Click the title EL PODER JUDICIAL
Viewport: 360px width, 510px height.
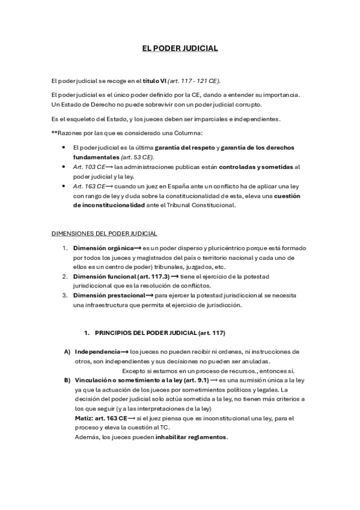pos(180,48)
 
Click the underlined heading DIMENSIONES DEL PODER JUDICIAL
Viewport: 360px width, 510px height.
pos(106,233)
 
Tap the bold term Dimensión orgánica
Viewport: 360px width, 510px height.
pos(102,248)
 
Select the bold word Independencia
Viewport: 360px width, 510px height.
pos(97,351)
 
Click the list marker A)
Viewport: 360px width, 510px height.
pos(67,351)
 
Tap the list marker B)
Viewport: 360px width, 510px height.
pos(67,380)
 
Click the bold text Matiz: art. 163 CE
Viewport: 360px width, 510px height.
pos(101,417)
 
